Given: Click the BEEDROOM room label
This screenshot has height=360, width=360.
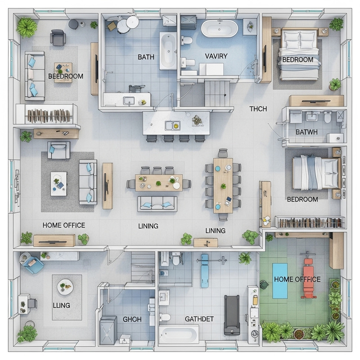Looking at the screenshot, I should (66, 76).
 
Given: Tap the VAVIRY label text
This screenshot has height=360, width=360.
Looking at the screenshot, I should (216, 56).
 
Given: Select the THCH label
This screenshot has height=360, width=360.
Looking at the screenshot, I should (258, 109).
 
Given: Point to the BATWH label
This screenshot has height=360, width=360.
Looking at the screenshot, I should (306, 132).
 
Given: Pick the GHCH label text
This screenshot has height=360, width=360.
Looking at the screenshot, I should (132, 319).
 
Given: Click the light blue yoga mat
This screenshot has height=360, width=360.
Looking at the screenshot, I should (280, 280).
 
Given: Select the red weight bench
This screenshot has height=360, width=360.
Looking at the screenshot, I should (308, 279).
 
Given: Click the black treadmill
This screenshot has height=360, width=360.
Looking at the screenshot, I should (232, 315).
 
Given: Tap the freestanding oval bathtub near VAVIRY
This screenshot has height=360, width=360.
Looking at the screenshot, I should (219, 28).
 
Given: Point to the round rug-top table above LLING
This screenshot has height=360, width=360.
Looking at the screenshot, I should (65, 287).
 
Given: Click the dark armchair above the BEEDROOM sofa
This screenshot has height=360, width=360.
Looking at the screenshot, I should (58, 37).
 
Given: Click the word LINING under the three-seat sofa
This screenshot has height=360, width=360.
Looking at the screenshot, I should (148, 226).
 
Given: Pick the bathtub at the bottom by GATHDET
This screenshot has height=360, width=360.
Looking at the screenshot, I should (179, 334).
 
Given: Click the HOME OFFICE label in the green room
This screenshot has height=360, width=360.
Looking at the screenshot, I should (297, 279).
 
